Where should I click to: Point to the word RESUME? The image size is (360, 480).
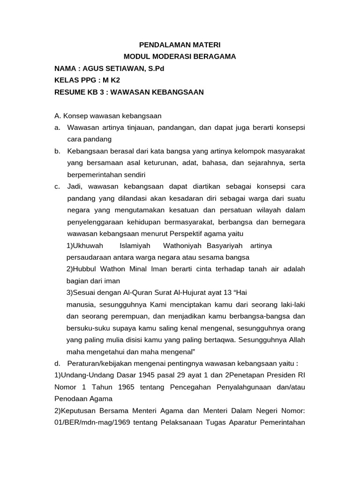(68, 92)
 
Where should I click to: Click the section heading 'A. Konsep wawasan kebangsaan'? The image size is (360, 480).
(108, 115)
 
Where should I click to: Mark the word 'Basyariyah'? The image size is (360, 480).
(225, 246)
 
